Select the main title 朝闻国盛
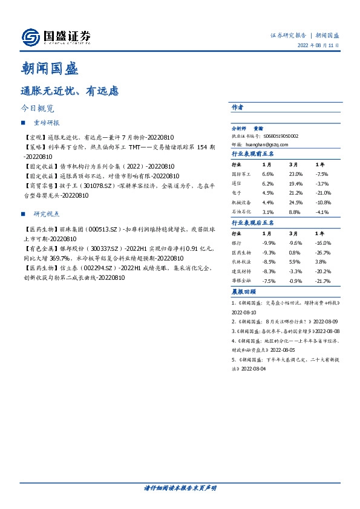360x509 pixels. tap(50, 69)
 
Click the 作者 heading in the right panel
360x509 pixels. tap(237, 107)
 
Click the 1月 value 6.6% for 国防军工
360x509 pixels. tap(269, 173)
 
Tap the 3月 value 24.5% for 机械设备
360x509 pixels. tap(296, 203)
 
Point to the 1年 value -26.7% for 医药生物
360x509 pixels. tap(323, 252)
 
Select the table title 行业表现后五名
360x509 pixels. tap(252, 223)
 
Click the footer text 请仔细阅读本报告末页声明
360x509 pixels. tap(180, 487)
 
